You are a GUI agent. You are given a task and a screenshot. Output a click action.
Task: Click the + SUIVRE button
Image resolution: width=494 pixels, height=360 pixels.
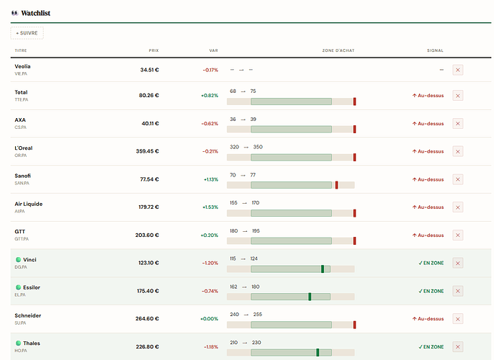point(27,33)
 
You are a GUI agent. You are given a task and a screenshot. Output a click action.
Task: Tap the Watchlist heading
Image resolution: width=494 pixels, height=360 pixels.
point(35,13)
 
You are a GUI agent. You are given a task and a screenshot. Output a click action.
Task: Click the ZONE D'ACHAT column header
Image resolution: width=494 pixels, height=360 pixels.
point(338,50)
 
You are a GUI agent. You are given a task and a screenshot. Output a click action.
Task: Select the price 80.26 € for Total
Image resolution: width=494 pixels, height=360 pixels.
point(149,96)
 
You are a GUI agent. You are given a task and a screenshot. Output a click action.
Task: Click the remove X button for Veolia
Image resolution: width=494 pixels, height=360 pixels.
point(458,70)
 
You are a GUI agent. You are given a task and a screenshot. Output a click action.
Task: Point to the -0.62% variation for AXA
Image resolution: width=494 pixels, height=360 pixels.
point(210,123)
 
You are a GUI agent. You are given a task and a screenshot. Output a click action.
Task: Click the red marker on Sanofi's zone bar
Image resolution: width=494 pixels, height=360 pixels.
point(336,185)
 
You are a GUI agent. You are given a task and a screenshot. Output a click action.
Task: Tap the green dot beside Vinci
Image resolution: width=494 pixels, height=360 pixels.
point(18,259)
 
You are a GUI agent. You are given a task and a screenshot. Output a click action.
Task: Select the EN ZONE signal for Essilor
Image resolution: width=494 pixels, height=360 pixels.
point(431,291)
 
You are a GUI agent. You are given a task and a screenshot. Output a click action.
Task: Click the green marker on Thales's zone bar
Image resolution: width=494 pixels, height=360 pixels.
point(318,352)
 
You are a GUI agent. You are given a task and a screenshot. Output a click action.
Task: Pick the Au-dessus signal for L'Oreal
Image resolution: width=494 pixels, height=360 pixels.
point(428,151)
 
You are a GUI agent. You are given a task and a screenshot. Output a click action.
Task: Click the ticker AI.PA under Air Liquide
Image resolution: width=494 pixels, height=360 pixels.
point(19,212)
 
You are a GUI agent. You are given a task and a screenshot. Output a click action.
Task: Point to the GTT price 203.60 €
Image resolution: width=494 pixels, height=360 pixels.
point(147,235)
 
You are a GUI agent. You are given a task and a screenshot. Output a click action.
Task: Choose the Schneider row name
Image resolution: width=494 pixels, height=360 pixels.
point(27,315)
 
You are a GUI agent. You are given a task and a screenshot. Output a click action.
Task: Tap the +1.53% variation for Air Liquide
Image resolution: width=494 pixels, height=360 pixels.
point(210,207)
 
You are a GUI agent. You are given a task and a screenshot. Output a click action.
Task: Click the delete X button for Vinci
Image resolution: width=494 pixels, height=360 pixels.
point(458,263)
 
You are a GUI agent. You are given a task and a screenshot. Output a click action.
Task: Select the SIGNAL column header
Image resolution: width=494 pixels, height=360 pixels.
point(435,50)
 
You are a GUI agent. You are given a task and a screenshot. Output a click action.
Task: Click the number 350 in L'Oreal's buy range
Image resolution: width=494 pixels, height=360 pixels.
point(258,147)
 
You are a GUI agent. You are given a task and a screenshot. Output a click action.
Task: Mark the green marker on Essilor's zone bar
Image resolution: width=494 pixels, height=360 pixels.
point(310,297)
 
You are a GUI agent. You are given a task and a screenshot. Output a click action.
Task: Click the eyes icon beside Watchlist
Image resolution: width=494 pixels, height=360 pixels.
point(15,13)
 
